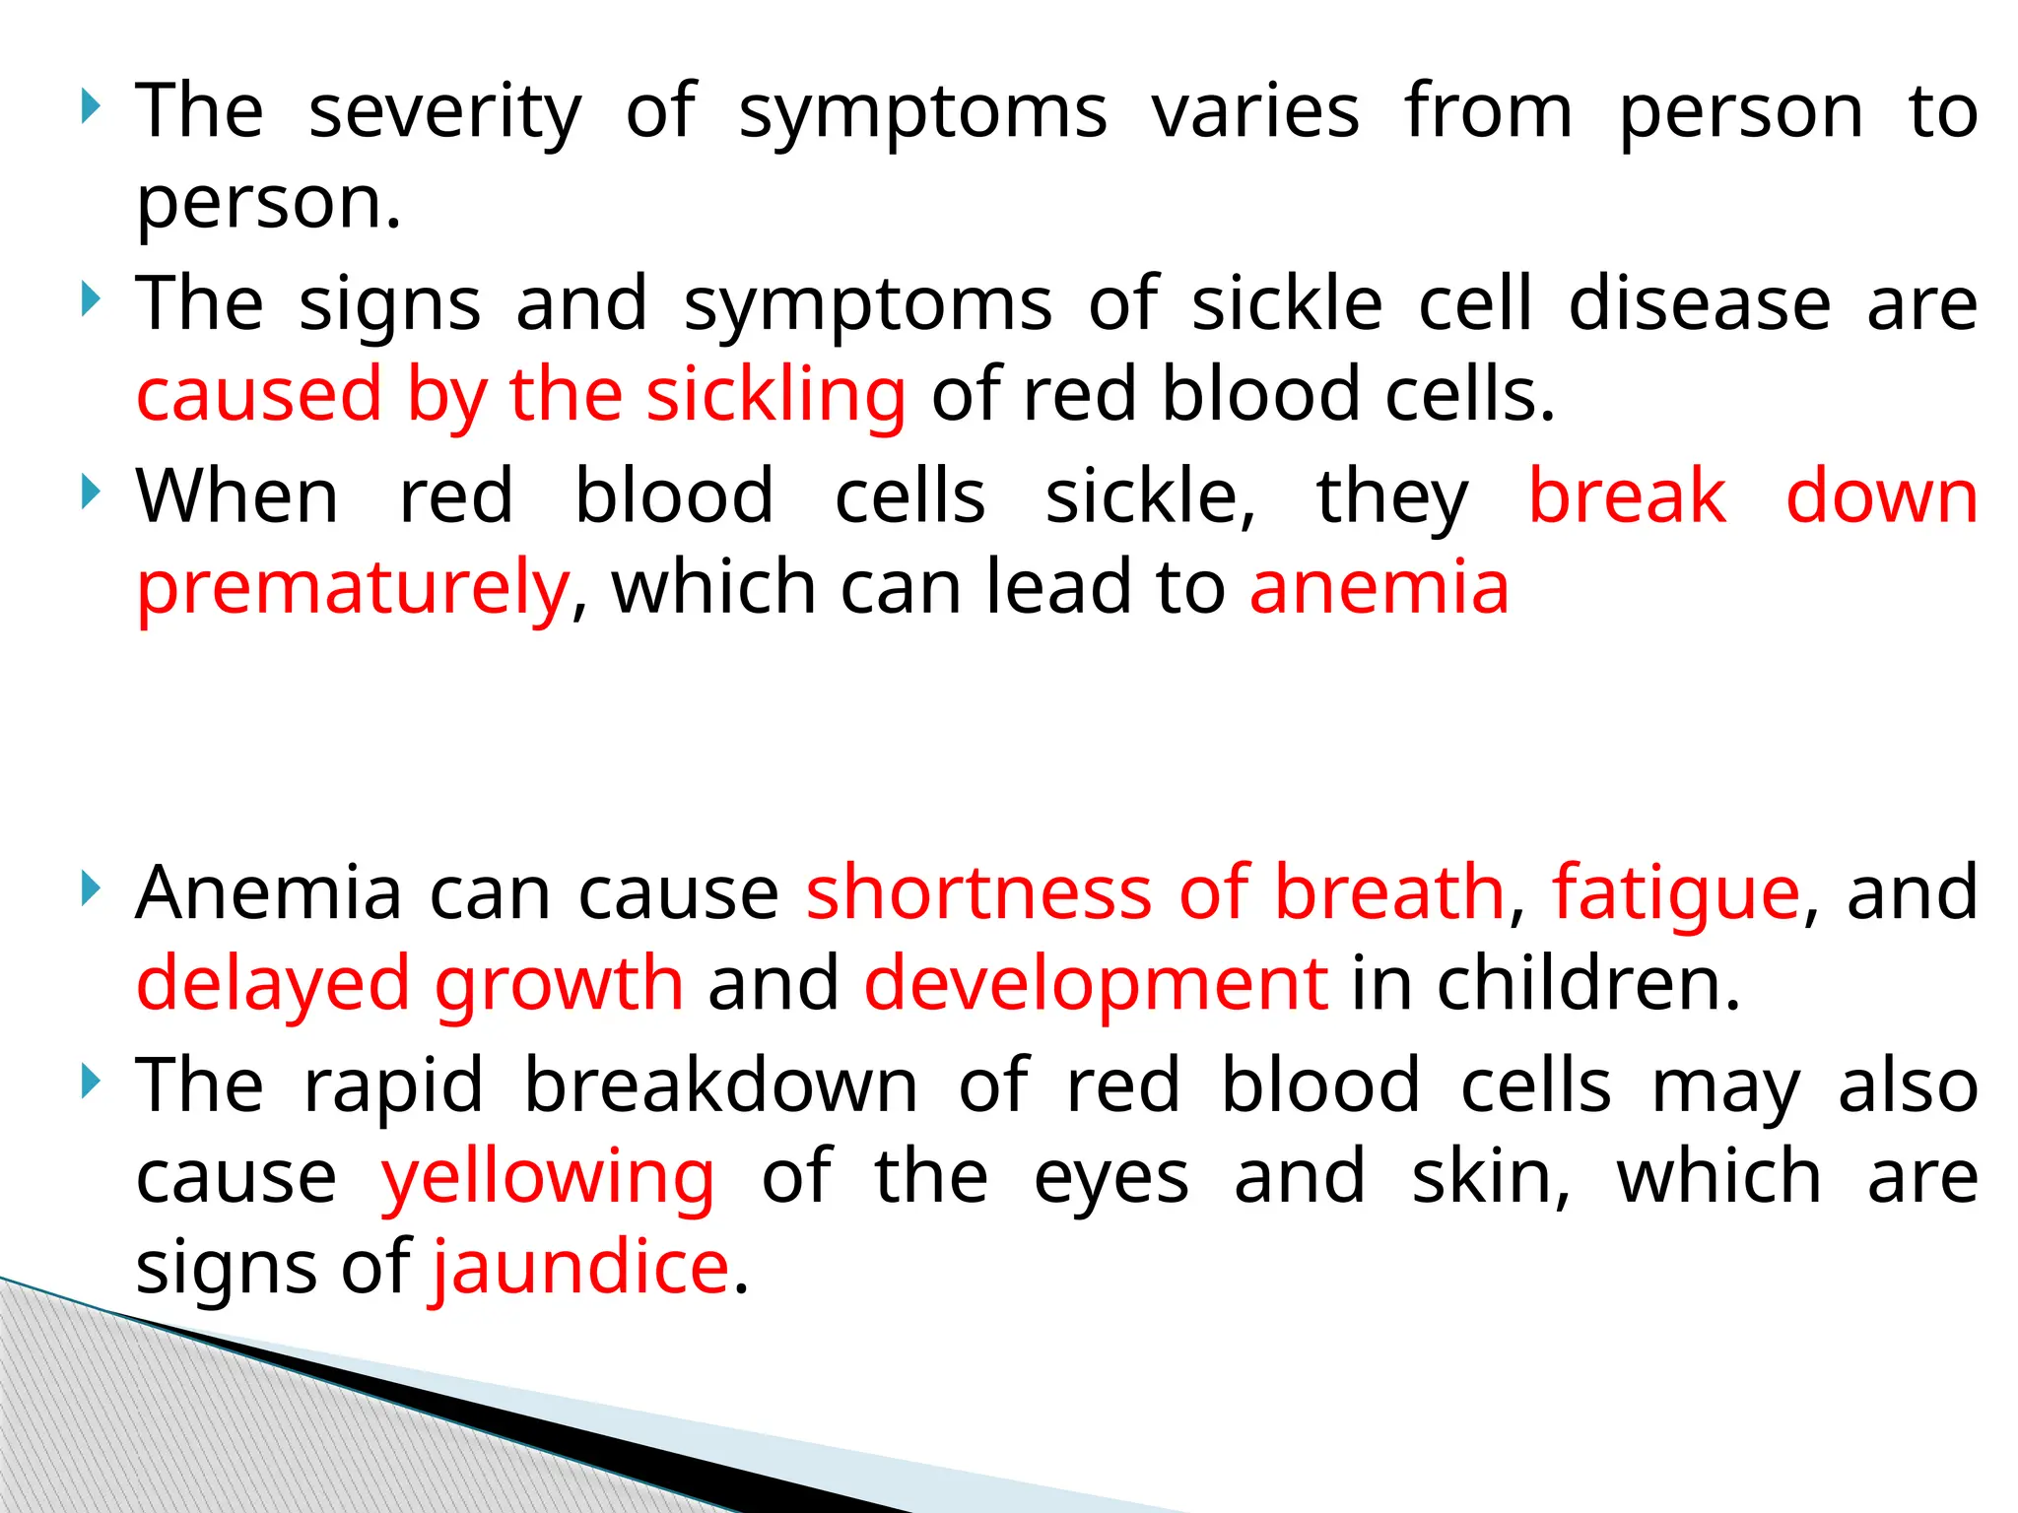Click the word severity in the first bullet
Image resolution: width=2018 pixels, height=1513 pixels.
click(x=445, y=112)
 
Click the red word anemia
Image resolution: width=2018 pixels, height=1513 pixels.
click(x=1379, y=587)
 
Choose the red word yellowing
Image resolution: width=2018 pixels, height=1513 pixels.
click(x=548, y=1178)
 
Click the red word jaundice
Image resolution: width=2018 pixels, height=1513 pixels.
click(x=580, y=1269)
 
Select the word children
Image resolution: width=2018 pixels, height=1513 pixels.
click(x=1588, y=983)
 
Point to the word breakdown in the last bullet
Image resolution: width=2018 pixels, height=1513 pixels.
click(x=720, y=1085)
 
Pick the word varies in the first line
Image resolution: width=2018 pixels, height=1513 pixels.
click(x=1255, y=110)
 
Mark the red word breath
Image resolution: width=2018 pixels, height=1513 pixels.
click(x=1389, y=892)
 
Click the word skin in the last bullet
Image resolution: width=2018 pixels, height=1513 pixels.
click(x=1490, y=1176)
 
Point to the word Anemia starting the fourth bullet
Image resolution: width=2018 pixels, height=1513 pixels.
click(x=268, y=892)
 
